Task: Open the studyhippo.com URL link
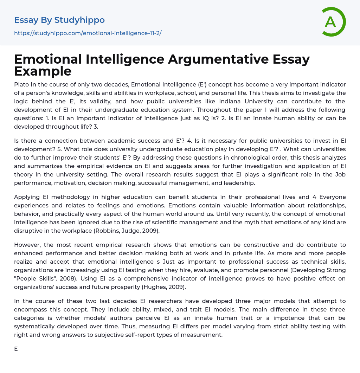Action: pos(88,33)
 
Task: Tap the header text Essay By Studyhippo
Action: pos(59,20)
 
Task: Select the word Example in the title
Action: pos(43,71)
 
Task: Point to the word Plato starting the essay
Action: pos(21,84)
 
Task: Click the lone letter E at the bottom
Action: pos(16,349)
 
